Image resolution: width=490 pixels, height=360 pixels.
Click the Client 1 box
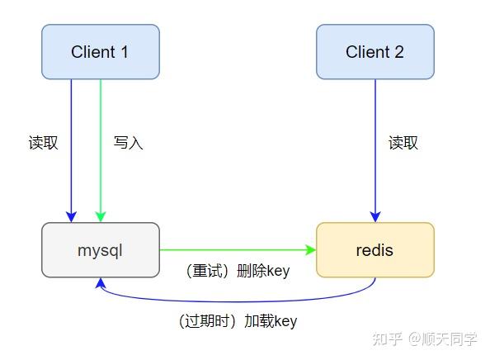coord(100,52)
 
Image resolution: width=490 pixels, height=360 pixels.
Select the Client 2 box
coord(375,52)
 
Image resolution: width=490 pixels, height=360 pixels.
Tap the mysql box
coord(100,249)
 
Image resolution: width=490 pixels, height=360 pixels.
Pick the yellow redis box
coord(375,249)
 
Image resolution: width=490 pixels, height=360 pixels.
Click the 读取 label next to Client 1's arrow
coord(44,143)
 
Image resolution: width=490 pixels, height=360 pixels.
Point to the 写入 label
coord(128,143)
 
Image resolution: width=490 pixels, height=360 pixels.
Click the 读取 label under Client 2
coord(403,143)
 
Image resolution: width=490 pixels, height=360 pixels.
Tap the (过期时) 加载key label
coord(238,321)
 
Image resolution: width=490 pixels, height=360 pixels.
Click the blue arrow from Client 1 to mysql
coord(72,149)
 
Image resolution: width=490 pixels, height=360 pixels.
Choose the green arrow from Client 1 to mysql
coord(101,149)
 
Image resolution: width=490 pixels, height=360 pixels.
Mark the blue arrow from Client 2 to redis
coord(375,149)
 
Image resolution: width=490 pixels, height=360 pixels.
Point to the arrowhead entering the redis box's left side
coord(311,249)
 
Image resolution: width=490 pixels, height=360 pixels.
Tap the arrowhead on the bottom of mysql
coord(101,283)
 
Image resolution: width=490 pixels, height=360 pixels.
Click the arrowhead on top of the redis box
coord(375,216)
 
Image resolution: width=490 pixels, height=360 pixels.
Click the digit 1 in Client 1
coord(125,52)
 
